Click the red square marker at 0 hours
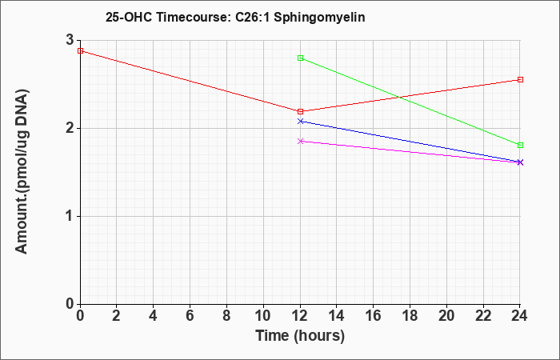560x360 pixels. click(80, 50)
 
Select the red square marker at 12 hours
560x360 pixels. click(300, 111)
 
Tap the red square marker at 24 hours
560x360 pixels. click(520, 80)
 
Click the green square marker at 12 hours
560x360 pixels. click(300, 58)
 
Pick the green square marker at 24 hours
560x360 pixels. click(520, 145)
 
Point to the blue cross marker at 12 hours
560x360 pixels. click(300, 121)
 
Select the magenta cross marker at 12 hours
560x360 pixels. click(300, 141)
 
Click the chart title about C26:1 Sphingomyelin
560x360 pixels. click(235, 17)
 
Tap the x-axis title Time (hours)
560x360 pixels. click(300, 336)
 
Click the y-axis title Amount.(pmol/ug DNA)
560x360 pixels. click(22, 172)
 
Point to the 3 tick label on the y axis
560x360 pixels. click(70, 40)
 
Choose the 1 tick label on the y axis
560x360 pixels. click(70, 217)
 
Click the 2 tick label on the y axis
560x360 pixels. click(70, 129)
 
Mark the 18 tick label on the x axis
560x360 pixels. click(410, 316)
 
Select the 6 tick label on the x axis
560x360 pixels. click(190, 316)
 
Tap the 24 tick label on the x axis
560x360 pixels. click(520, 316)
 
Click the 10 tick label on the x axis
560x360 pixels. click(263, 316)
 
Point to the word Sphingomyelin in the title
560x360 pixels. click(319, 18)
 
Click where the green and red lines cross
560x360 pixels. click(398, 98)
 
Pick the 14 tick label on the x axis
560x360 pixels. click(337, 316)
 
